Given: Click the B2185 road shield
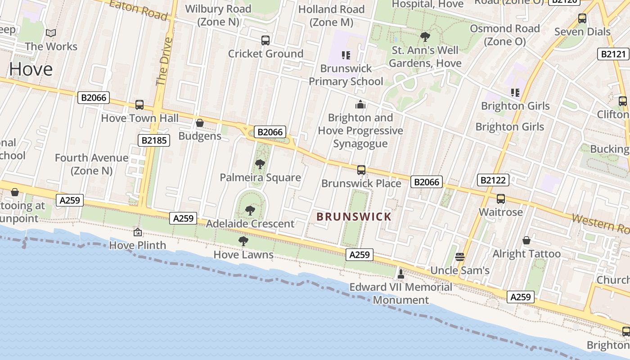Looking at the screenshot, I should click(x=154, y=140).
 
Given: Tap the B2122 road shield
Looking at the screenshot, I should click(x=493, y=180).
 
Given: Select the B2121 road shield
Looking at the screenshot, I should click(x=613, y=54).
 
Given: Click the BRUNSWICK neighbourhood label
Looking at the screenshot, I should click(x=354, y=217).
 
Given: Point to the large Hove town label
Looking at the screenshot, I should click(x=31, y=69).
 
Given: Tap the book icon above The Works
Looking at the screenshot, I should click(x=51, y=33).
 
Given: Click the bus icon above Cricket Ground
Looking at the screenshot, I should click(x=265, y=40).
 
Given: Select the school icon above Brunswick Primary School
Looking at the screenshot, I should click(x=346, y=55).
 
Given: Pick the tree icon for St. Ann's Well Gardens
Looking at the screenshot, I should click(x=425, y=37).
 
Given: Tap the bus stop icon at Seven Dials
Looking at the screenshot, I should click(x=582, y=18).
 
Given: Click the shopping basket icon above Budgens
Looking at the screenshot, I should click(x=200, y=123).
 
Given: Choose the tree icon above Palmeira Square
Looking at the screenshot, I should click(x=260, y=164).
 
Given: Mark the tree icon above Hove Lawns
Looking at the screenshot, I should click(x=243, y=241).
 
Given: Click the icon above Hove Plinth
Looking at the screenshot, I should click(x=138, y=232).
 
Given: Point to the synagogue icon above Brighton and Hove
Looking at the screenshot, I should click(x=360, y=105).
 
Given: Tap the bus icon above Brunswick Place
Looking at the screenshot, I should click(x=361, y=170).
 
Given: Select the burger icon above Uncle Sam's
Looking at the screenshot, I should click(x=459, y=257).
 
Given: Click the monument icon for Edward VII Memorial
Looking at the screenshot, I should click(x=400, y=273).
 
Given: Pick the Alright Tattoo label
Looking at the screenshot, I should click(x=526, y=254).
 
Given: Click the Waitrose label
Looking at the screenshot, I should click(x=500, y=212).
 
